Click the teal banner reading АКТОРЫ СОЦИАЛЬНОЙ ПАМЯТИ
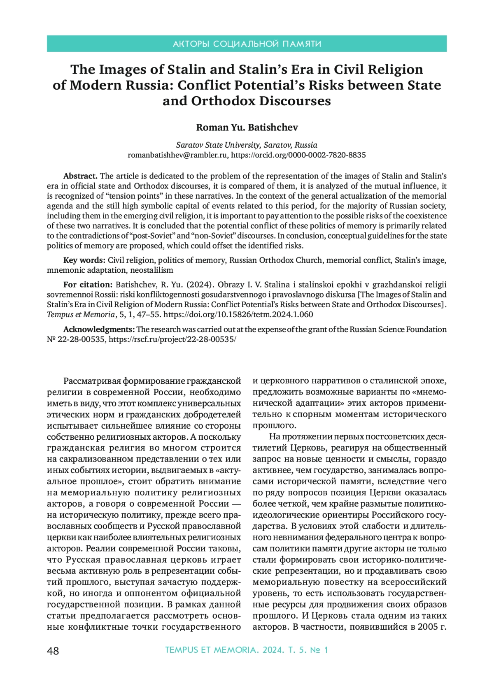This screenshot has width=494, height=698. [x=247, y=44]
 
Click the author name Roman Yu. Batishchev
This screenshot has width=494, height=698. [x=247, y=128]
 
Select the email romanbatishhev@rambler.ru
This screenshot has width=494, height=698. [x=177, y=155]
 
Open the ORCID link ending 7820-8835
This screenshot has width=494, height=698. [x=298, y=155]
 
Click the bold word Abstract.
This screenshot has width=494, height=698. [x=80, y=176]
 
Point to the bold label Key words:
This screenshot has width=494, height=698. [x=84, y=260]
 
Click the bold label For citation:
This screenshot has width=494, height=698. [x=88, y=285]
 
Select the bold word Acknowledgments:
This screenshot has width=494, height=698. [x=99, y=329]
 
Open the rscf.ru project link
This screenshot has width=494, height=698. [x=172, y=340]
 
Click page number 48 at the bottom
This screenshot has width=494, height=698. [x=53, y=651]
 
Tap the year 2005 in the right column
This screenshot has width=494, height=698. [x=428, y=627]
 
